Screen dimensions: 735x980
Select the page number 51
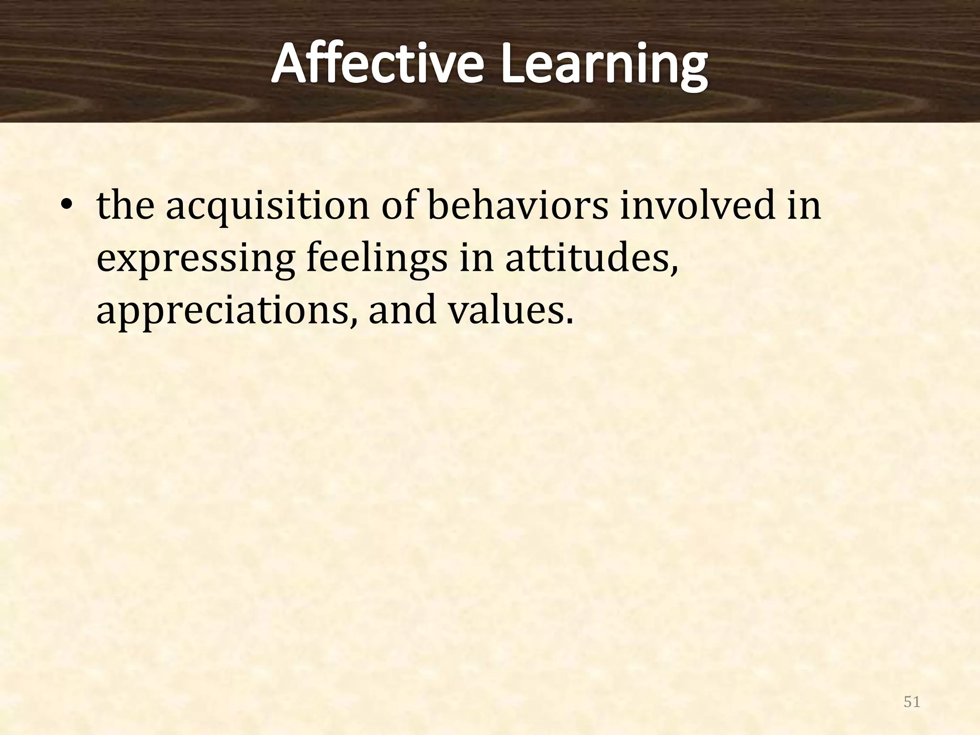912,702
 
